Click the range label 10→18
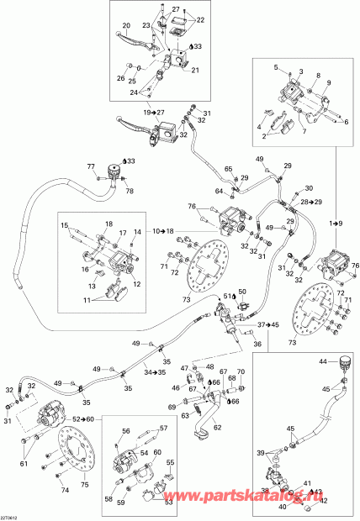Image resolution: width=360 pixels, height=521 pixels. coord(164,230)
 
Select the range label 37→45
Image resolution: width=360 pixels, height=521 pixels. coord(267,324)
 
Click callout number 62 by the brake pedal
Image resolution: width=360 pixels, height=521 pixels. coord(217,429)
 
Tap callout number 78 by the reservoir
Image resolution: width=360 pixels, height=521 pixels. coord(128,191)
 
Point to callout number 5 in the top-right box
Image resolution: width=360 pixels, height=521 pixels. coord(274,66)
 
